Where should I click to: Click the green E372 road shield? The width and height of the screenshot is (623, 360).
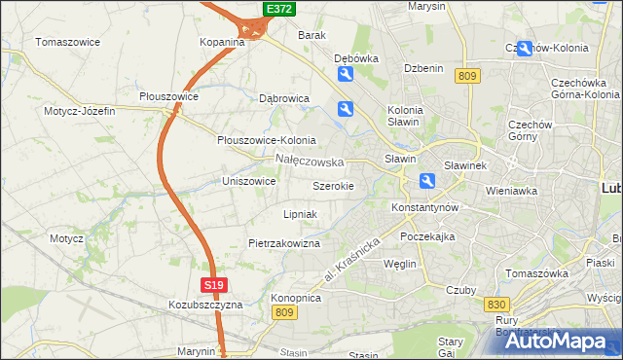click(x=279, y=9)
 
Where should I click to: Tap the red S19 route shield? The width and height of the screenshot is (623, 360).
click(x=216, y=285)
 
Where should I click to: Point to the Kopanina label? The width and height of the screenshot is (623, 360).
click(x=221, y=42)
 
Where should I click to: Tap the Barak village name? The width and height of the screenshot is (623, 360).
click(x=311, y=35)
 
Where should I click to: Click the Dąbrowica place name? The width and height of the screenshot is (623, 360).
click(x=283, y=98)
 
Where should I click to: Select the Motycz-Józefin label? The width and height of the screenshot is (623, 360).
click(x=79, y=111)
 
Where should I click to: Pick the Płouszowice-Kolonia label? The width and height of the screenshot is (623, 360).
click(x=266, y=139)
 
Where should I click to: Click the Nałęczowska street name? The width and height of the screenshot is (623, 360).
click(x=310, y=161)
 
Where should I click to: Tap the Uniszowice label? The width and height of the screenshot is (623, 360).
click(x=250, y=181)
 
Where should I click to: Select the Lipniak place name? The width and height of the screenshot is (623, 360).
click(x=300, y=213)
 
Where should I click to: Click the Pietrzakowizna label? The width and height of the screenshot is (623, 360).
click(x=283, y=243)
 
